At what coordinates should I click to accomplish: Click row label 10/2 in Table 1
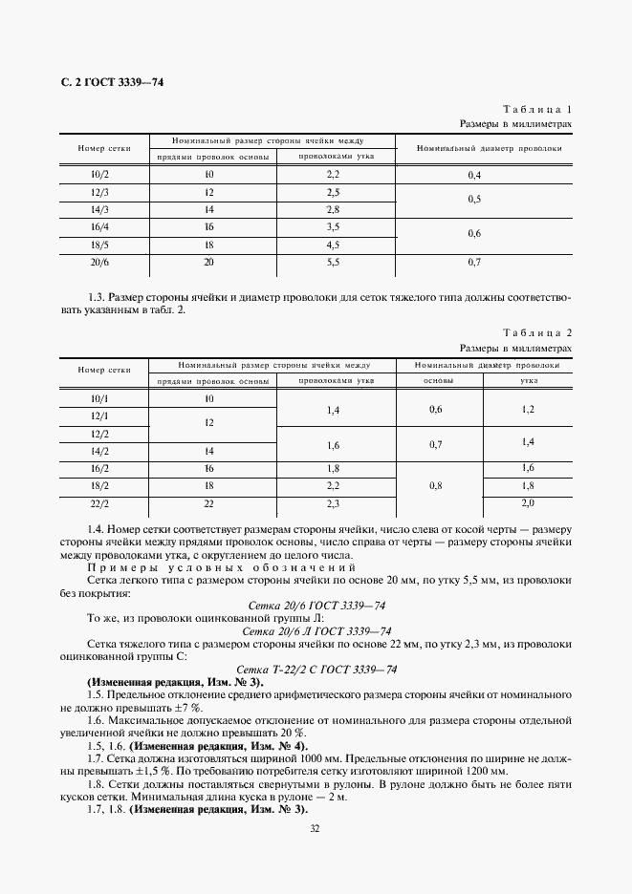98,175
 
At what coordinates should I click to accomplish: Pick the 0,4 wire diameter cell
474,176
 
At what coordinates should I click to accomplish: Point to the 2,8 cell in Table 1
333,209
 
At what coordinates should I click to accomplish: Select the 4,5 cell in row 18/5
333,244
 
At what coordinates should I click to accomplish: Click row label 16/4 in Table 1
98,226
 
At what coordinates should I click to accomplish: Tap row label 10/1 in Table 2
98,398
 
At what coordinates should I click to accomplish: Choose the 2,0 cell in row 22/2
527,502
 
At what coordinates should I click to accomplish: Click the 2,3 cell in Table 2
333,502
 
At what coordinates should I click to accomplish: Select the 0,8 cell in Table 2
436,485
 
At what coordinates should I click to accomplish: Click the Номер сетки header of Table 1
98,148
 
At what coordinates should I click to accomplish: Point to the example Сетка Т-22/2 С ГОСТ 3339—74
316,669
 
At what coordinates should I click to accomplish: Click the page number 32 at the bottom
315,829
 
